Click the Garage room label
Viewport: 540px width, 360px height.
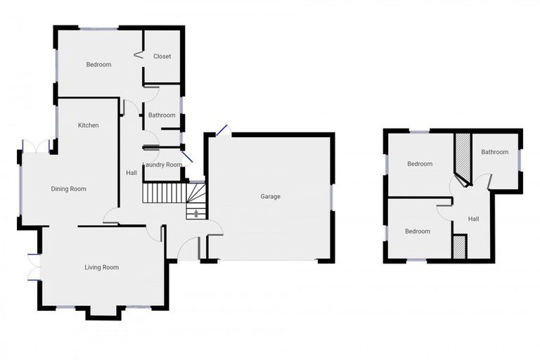click(x=270, y=197)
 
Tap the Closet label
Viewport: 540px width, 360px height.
click(x=162, y=56)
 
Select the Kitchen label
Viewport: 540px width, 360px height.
click(x=88, y=125)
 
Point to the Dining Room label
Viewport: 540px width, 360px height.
click(x=68, y=188)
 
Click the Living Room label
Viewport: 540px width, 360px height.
click(x=101, y=267)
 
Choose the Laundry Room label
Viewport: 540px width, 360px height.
click(x=162, y=165)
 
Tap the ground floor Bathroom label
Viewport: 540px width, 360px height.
click(x=162, y=115)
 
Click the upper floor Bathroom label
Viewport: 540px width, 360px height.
click(x=494, y=152)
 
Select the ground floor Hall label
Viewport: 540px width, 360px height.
click(x=131, y=173)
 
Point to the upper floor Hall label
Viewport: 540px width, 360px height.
click(x=473, y=219)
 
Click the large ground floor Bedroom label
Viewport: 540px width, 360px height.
click(x=98, y=65)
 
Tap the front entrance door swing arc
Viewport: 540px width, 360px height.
click(x=186, y=246)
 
